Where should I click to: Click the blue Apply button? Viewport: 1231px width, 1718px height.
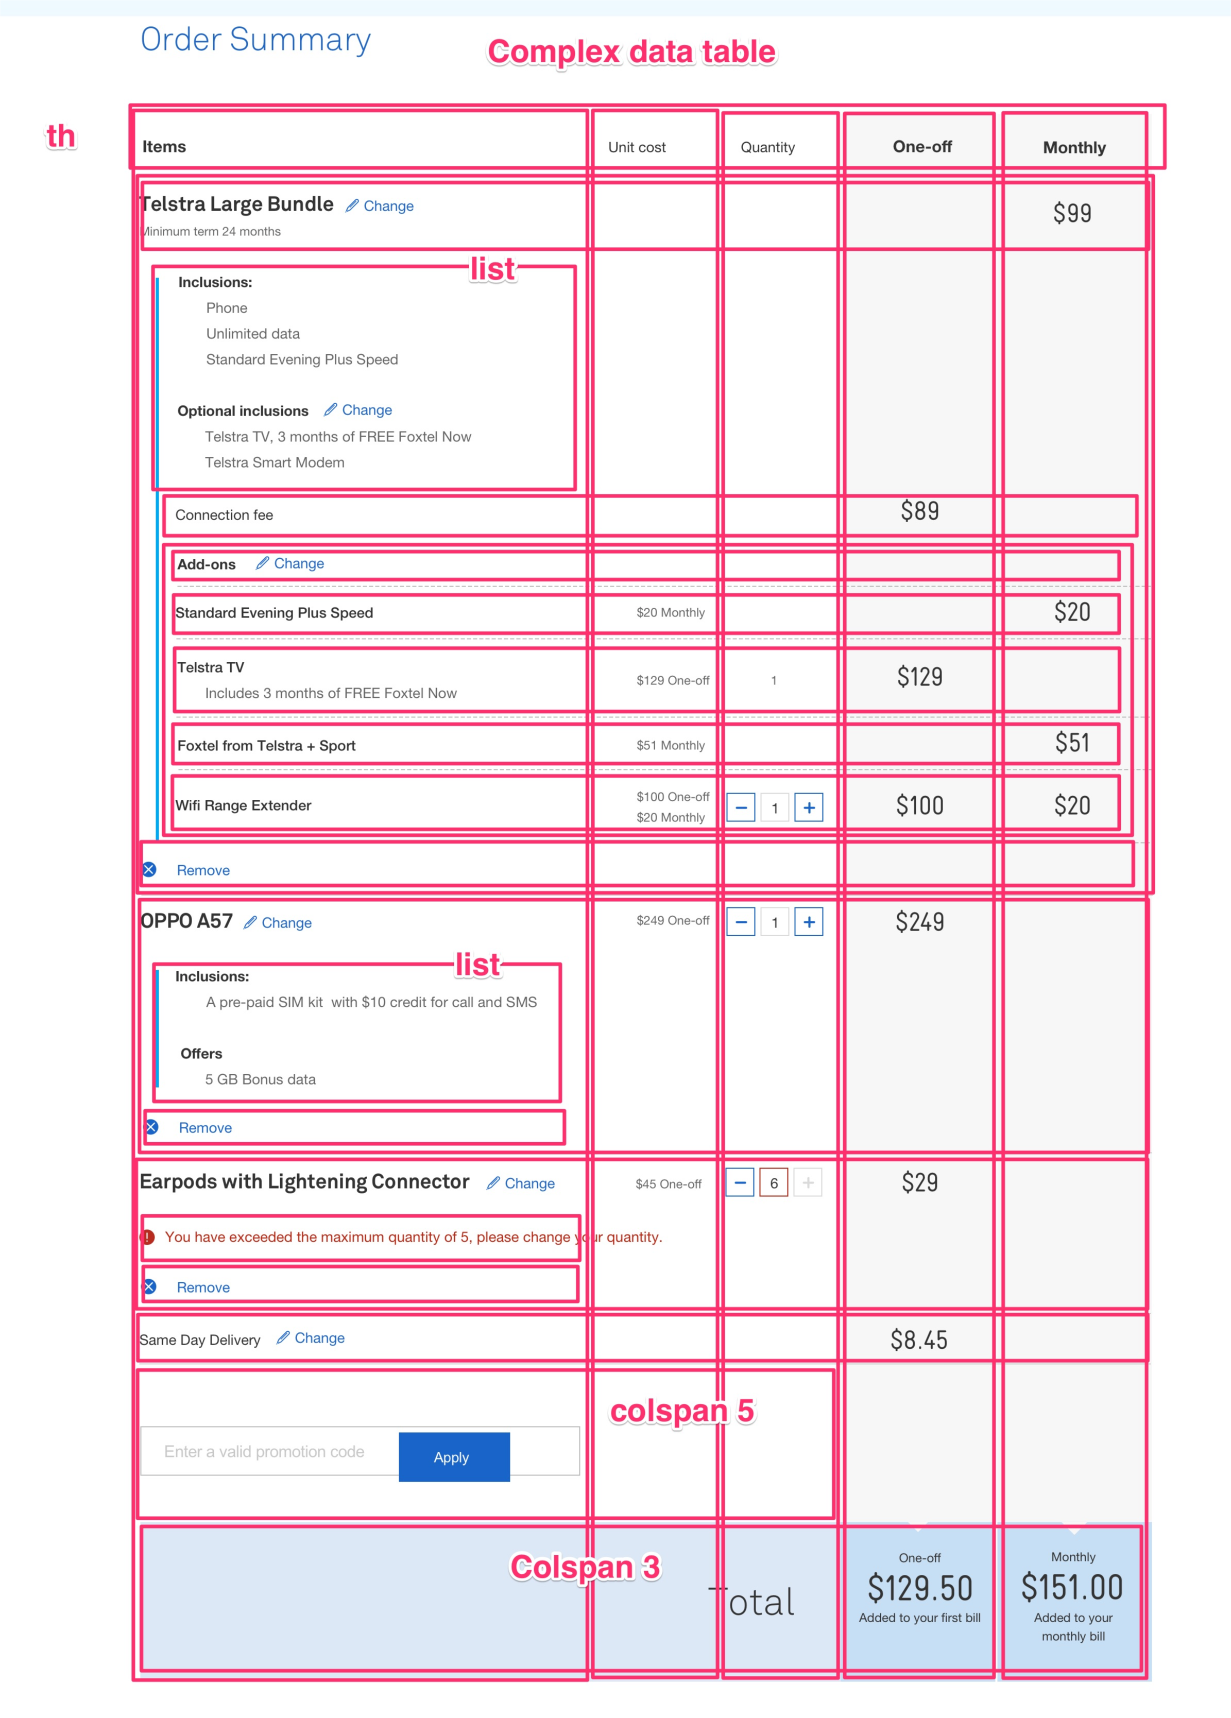coord(454,1457)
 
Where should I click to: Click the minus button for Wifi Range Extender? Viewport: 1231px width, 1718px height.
coord(741,808)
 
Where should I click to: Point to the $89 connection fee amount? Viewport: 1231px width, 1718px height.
coord(920,511)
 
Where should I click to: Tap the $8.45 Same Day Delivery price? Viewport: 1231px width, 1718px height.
coord(919,1340)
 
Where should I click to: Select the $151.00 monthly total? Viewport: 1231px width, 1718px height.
coord(1072,1588)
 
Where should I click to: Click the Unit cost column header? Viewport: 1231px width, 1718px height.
coord(636,147)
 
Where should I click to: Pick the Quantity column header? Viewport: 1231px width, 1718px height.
coord(767,147)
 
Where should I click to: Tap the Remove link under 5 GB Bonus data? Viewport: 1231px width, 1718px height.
coord(204,1128)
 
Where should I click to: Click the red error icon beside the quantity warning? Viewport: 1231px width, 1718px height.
coord(148,1237)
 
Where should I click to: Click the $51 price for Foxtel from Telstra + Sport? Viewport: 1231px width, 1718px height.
coord(1072,743)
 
